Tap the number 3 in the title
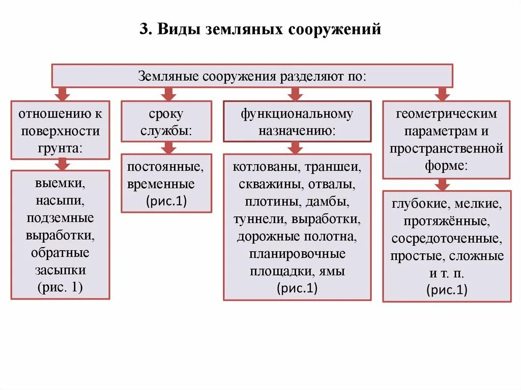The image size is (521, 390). point(143,29)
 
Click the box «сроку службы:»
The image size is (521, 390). point(166,121)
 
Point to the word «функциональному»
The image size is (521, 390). point(297,114)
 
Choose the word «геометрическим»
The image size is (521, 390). point(446,114)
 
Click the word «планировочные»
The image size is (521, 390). point(297,254)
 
